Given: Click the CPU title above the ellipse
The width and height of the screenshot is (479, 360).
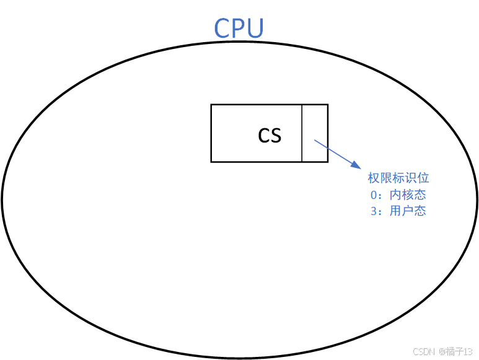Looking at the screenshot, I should click(x=239, y=29).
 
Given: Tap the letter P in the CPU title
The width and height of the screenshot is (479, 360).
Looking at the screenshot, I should click(x=239, y=29).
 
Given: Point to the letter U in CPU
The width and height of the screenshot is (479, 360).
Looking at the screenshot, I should click(x=255, y=29).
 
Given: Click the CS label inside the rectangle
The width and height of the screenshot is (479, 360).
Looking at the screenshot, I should click(x=270, y=135).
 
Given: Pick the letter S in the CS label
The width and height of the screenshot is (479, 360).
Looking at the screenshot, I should click(x=276, y=136).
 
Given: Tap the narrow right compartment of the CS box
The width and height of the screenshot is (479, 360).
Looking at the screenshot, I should click(x=315, y=133).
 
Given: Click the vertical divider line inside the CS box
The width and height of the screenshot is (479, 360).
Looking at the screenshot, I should click(x=302, y=133).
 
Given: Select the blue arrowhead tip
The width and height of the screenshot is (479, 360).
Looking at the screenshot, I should click(x=359, y=167).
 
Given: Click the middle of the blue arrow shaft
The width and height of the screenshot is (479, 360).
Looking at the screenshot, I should click(x=336, y=154).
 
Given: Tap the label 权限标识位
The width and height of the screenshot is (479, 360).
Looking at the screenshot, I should click(x=398, y=178).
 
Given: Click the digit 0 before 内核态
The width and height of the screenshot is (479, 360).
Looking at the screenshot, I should click(x=373, y=195).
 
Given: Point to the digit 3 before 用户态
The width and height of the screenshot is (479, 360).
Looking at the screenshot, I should click(x=373, y=211).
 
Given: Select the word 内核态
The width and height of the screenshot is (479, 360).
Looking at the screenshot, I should click(x=408, y=195).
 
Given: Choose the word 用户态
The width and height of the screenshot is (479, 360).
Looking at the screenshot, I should click(x=408, y=211).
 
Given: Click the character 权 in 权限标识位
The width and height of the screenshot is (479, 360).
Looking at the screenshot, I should click(x=374, y=178).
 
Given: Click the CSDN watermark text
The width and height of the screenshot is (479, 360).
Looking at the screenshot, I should click(x=424, y=351).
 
